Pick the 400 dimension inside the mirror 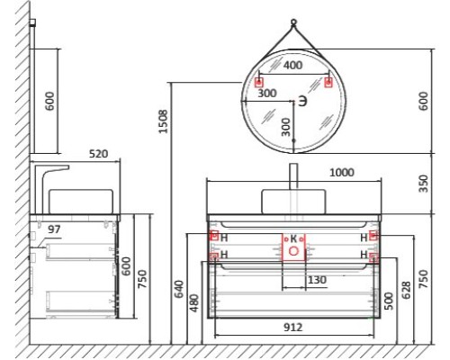[292, 66]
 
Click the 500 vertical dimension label [388, 300]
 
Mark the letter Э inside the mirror [303, 102]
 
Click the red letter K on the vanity [292, 238]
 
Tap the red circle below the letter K [293, 252]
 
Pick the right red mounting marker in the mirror [328, 83]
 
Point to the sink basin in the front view [293, 201]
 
